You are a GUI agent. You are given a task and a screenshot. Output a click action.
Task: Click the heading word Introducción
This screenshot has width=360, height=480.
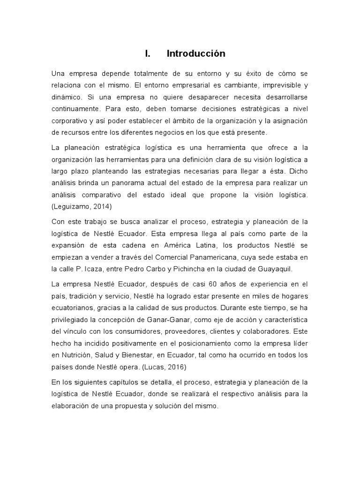196,54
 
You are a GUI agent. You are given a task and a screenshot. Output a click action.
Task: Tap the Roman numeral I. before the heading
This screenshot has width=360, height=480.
147,54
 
